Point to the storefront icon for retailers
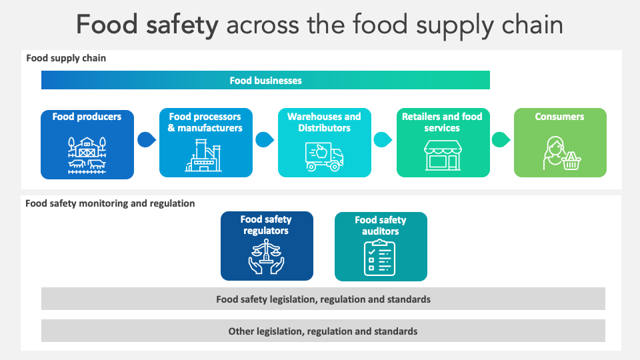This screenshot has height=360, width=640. pos(442,155)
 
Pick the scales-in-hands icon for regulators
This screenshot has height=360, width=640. pos(267,257)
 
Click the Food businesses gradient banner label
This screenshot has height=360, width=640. pos(265,81)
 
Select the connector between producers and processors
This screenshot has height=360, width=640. pos(146,140)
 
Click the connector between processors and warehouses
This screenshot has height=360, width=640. pos(265,140)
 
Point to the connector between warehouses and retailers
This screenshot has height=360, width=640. pos(383,140)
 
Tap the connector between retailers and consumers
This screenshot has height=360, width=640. pos(501,140)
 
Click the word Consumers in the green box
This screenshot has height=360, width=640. pos(559,117)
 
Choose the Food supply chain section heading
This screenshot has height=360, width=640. pos(66,58)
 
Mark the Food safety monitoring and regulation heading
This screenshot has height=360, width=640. pos(110,203)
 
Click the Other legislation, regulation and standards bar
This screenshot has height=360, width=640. pos(323,331)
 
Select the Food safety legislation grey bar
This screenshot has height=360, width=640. pos(323,299)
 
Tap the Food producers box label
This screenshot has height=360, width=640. pos(87,117)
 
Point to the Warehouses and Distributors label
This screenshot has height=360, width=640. pos(324,122)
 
